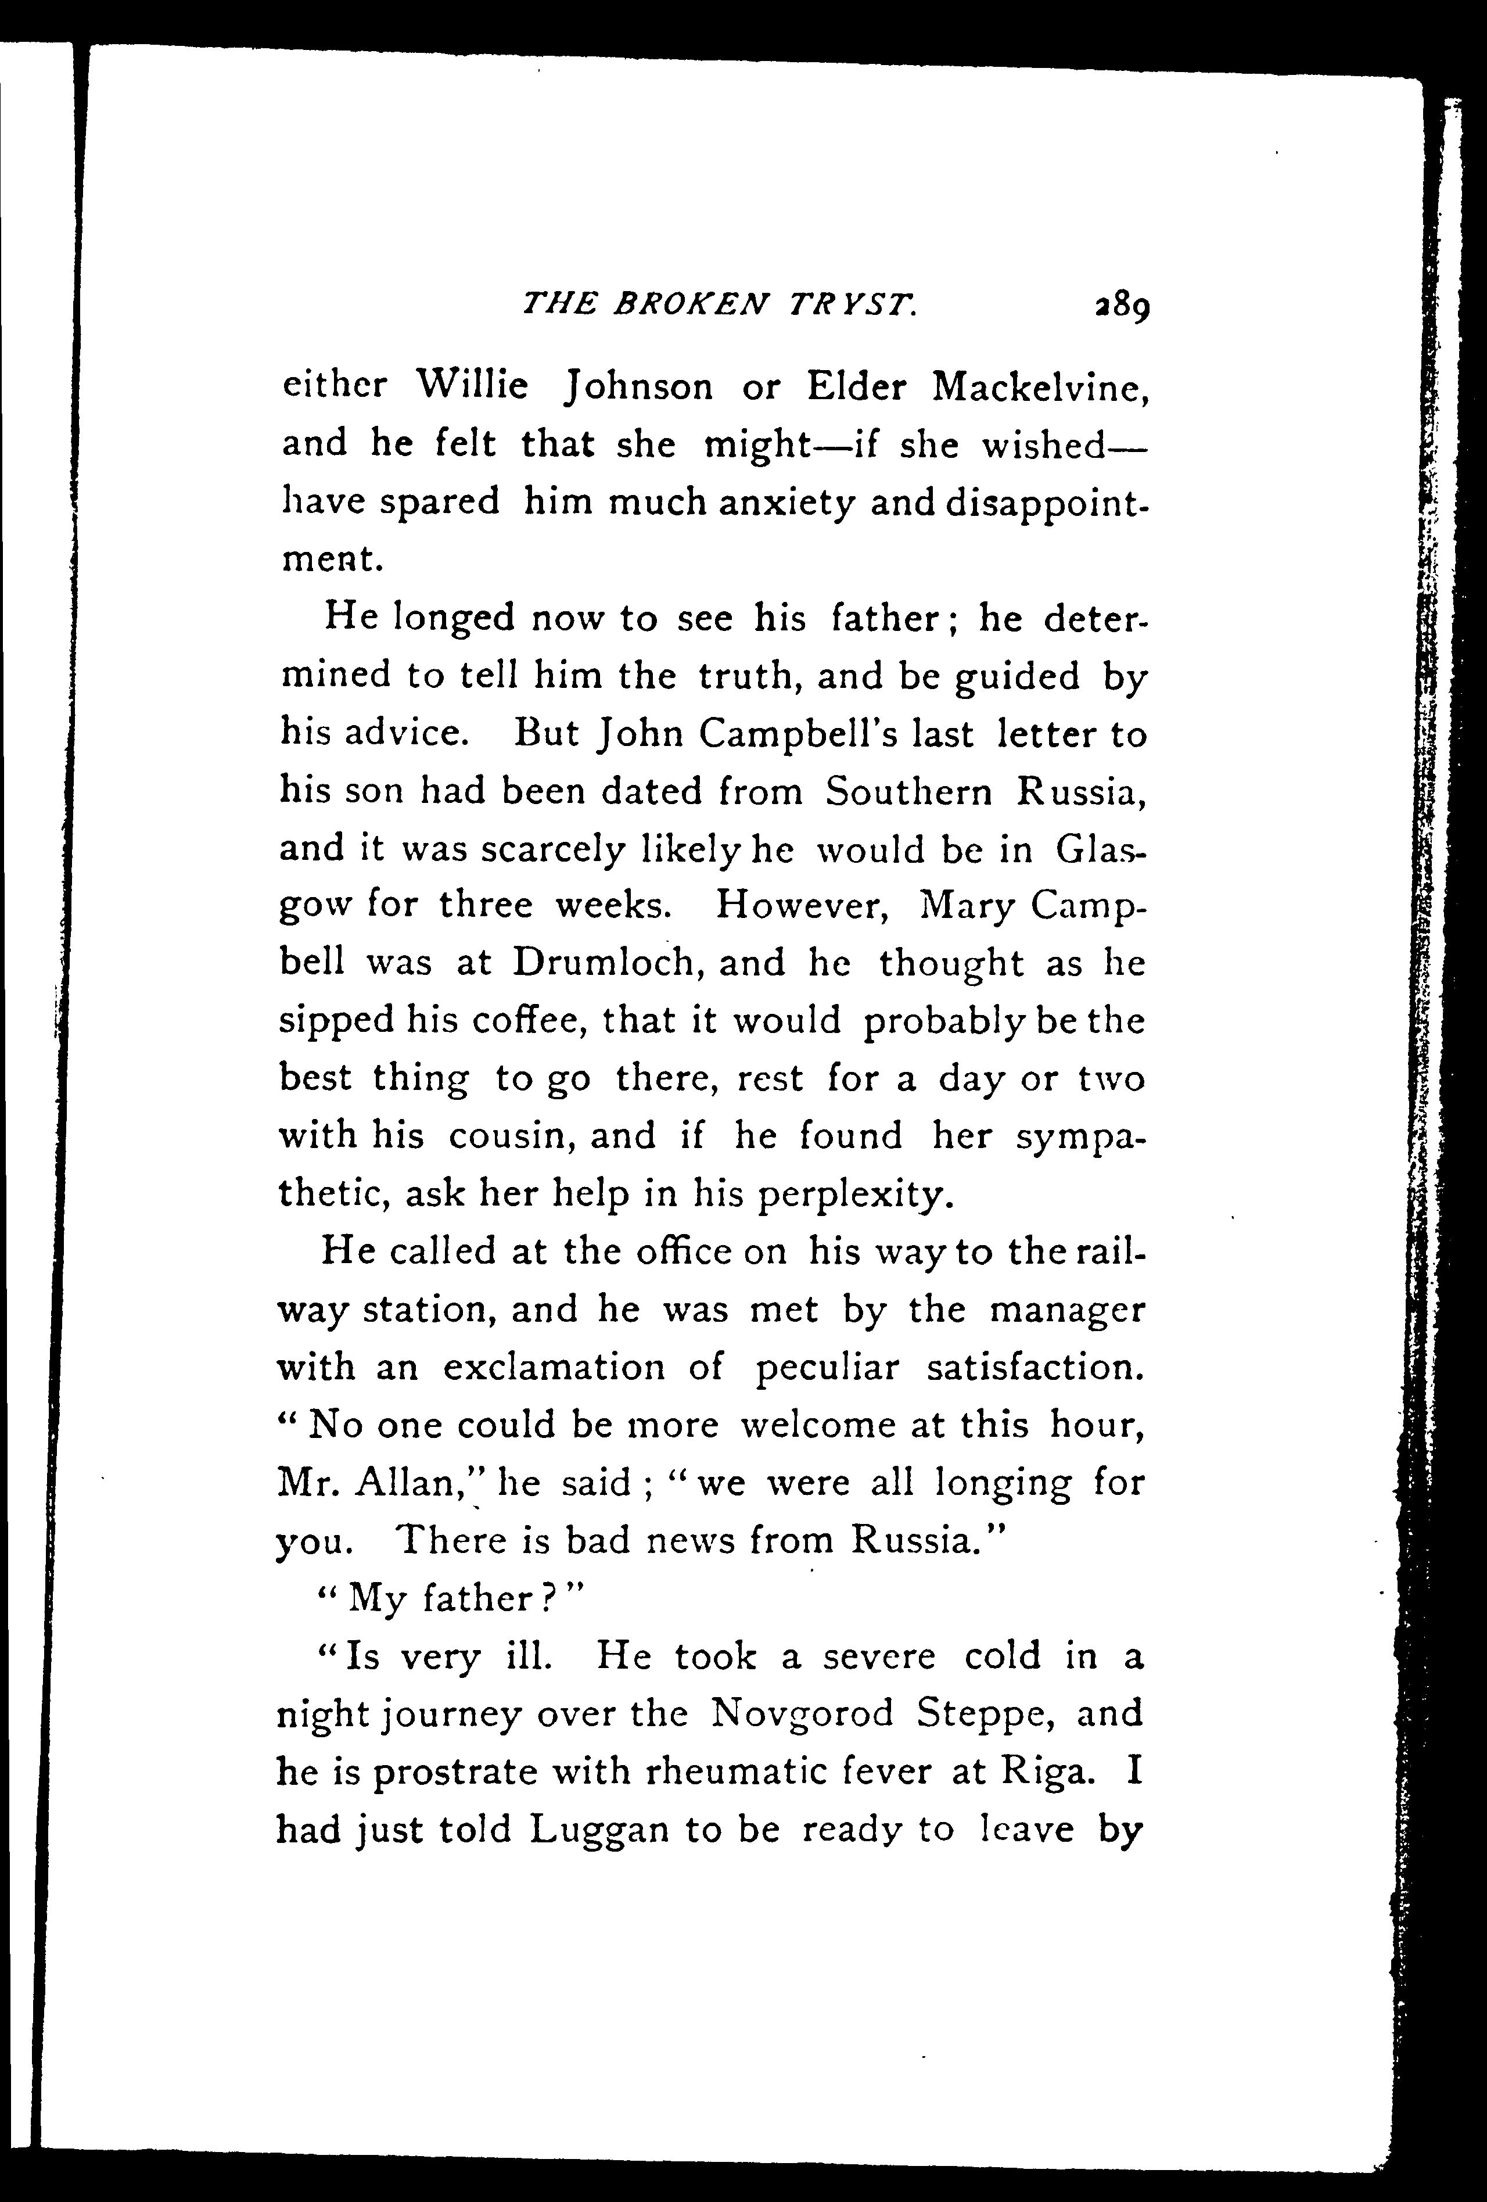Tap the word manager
coord(1066,1310)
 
